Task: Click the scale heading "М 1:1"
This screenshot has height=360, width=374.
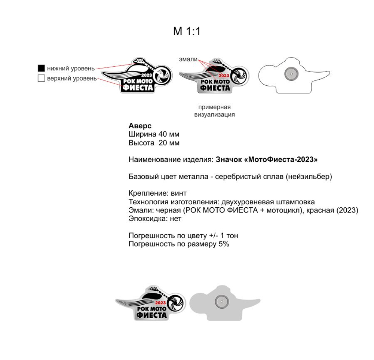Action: click(187, 32)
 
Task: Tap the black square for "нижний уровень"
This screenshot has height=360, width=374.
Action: click(41, 68)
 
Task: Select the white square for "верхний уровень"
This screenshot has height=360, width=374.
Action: click(41, 79)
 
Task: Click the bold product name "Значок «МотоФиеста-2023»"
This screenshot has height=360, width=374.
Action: click(267, 160)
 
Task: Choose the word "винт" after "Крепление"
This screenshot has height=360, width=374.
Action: click(178, 193)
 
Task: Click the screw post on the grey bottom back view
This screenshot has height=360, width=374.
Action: click(221, 301)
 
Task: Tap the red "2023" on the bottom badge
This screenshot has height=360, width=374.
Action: click(161, 302)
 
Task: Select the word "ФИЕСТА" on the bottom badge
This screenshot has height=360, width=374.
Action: click(151, 315)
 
